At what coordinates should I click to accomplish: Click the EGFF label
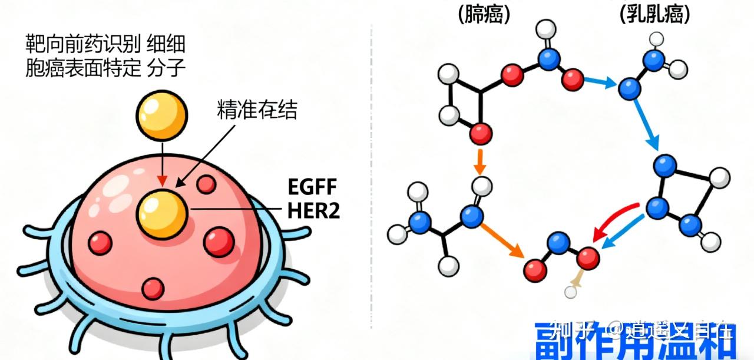coord(312,188)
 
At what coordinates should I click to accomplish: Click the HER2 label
coord(314,210)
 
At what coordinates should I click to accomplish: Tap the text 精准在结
coord(257,110)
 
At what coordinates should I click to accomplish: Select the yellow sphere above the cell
coord(162,114)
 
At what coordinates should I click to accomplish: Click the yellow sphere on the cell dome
coord(163,213)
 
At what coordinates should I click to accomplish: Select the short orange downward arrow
coord(480,161)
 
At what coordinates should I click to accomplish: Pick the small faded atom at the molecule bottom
coord(570,291)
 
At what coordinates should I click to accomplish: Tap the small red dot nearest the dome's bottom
coord(153,287)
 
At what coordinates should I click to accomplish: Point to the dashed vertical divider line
coord(372,177)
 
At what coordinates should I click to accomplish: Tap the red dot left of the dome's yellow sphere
coord(100,242)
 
